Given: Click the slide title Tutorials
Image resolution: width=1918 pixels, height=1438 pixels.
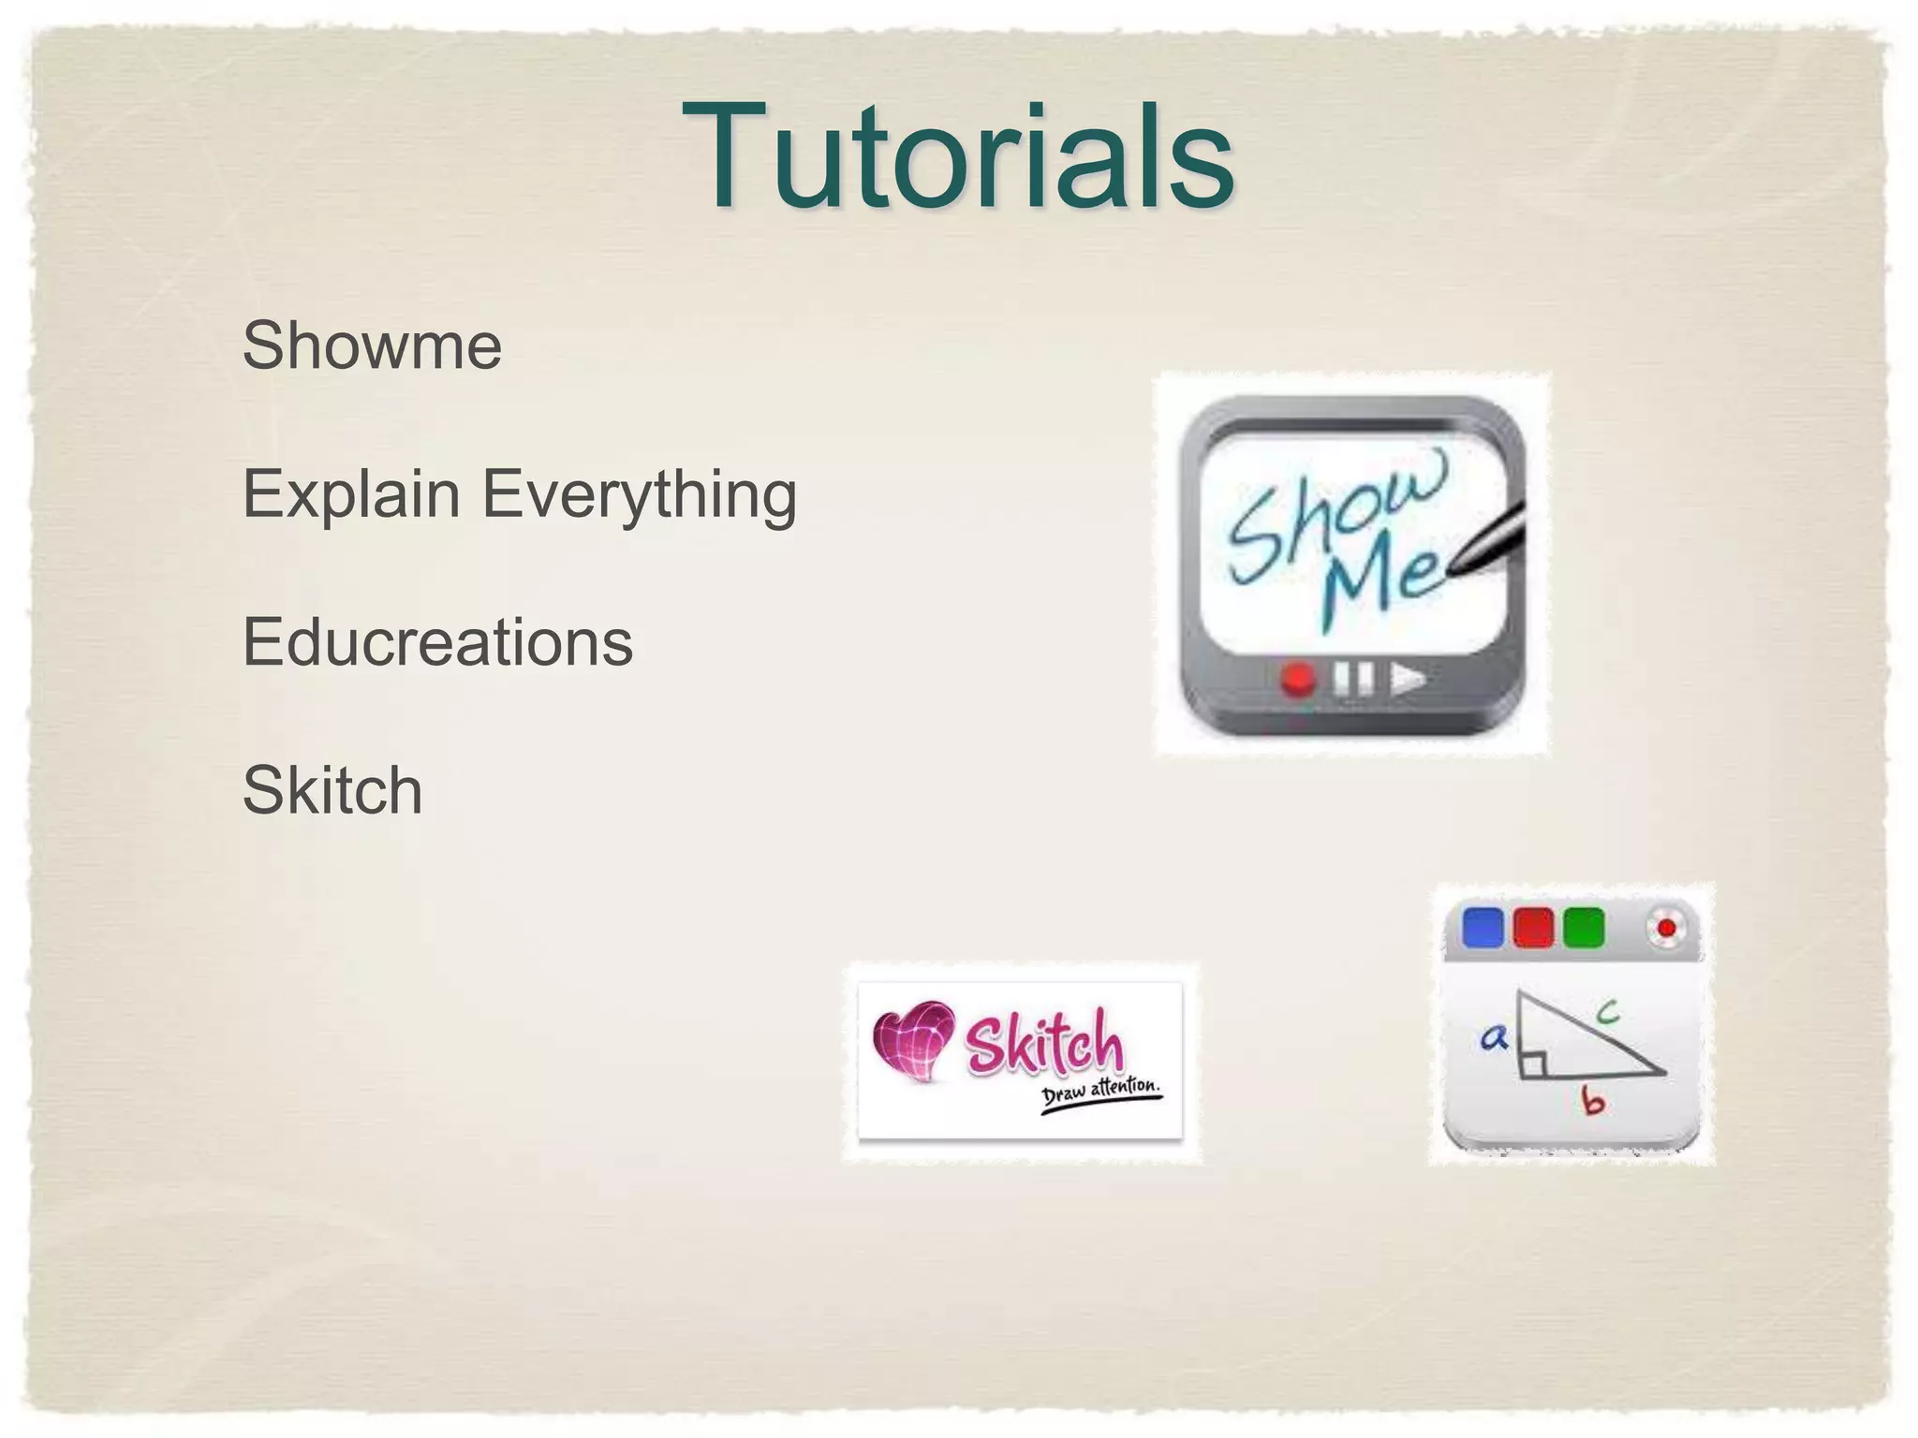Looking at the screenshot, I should point(957,157).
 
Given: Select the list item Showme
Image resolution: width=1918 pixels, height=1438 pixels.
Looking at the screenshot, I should point(372,345).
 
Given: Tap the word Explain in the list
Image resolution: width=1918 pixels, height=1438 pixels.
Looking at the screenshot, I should point(351,493).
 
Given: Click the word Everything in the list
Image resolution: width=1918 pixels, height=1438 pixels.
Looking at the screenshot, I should point(639,493).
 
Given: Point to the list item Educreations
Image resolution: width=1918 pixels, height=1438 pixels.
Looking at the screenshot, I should point(437,642).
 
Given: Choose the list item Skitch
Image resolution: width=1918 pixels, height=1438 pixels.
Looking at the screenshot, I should point(332,790).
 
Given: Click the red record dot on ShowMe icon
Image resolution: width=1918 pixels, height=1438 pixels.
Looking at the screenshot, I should point(1298,679).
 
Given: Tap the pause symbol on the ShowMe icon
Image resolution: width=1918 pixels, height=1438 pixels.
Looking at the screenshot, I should point(1353,678).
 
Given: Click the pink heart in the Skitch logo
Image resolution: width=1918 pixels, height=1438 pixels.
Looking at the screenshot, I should point(912,1040).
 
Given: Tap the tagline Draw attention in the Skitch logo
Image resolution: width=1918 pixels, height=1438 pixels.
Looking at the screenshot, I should point(1101,1094).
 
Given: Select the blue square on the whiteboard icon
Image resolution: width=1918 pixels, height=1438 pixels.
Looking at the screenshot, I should point(1482,928).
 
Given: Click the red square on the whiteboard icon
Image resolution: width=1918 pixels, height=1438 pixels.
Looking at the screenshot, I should point(1533,928).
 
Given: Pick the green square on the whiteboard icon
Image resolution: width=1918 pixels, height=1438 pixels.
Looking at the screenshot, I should point(1585,928).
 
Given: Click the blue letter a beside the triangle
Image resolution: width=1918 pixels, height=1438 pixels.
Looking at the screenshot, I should point(1494,1036).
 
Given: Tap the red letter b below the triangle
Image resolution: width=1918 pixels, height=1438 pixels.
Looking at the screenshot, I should point(1593,1101).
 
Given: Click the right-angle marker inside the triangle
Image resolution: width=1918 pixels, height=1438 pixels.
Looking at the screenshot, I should point(1532,1064).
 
